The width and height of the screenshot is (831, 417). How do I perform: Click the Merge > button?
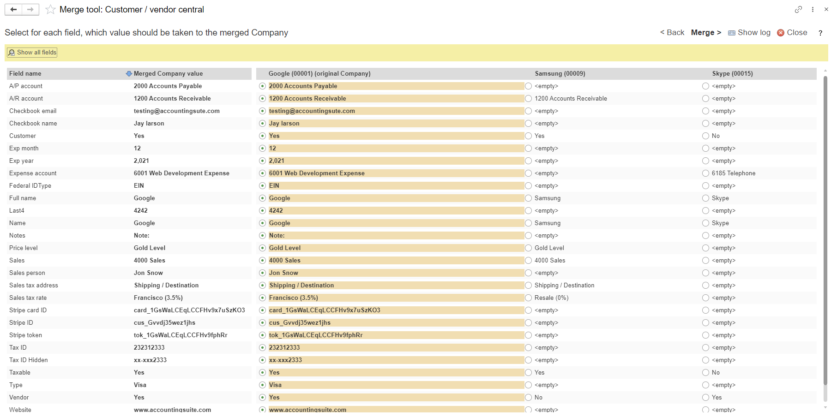click(x=706, y=32)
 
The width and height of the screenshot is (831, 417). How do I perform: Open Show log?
click(x=749, y=32)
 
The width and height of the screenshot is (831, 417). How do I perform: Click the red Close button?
click(x=792, y=32)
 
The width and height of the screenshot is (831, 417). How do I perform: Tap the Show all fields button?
click(x=32, y=53)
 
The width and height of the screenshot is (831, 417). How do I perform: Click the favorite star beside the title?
click(x=51, y=10)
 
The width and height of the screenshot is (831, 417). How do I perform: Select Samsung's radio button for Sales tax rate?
click(x=528, y=298)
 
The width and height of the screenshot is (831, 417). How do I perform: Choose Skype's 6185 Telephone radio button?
click(x=705, y=173)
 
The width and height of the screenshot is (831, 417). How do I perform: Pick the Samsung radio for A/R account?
click(x=528, y=99)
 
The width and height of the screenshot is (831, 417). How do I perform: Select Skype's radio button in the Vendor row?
click(x=705, y=398)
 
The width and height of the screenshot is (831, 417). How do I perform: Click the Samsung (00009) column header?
click(x=560, y=74)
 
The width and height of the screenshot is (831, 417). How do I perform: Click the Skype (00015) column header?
click(x=732, y=74)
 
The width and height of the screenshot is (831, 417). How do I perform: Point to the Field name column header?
click(x=25, y=74)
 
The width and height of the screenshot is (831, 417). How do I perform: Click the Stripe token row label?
click(x=25, y=335)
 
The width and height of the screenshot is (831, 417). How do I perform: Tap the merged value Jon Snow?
click(x=148, y=273)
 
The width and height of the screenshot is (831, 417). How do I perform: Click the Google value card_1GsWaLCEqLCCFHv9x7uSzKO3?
click(x=325, y=310)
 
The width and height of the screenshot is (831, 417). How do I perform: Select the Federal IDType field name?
click(x=30, y=186)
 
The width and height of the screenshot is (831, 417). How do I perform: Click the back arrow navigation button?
click(x=13, y=10)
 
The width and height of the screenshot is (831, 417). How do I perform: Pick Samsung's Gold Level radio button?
click(x=528, y=248)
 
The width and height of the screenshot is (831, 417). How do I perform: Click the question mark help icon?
click(x=820, y=33)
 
